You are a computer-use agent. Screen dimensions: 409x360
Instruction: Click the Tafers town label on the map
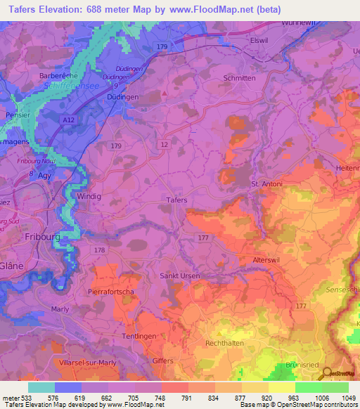click(x=176, y=200)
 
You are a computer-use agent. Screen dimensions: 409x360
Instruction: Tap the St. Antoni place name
click(x=267, y=185)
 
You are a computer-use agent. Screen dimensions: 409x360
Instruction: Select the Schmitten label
click(x=238, y=79)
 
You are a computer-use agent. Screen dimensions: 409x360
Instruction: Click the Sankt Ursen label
click(x=180, y=276)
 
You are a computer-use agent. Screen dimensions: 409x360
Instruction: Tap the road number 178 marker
click(x=100, y=250)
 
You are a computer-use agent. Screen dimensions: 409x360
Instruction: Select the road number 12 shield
click(x=163, y=143)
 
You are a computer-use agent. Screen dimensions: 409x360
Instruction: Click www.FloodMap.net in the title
click(x=222, y=9)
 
